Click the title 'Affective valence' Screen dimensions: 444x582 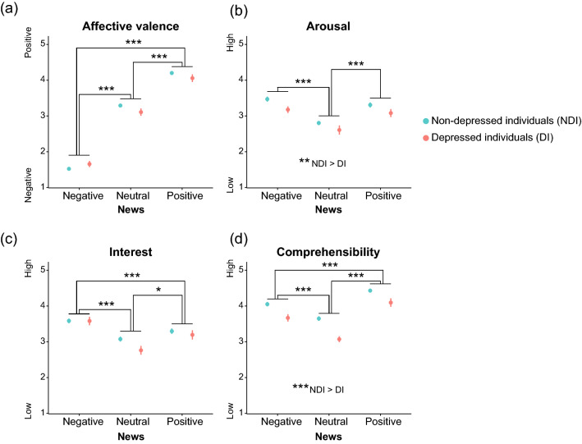click(131, 25)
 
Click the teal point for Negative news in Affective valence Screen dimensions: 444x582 click(69, 169)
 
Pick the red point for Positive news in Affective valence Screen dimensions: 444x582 click(192, 78)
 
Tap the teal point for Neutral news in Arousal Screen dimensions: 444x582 click(318, 123)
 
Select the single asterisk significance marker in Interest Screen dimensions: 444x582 click(158, 289)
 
